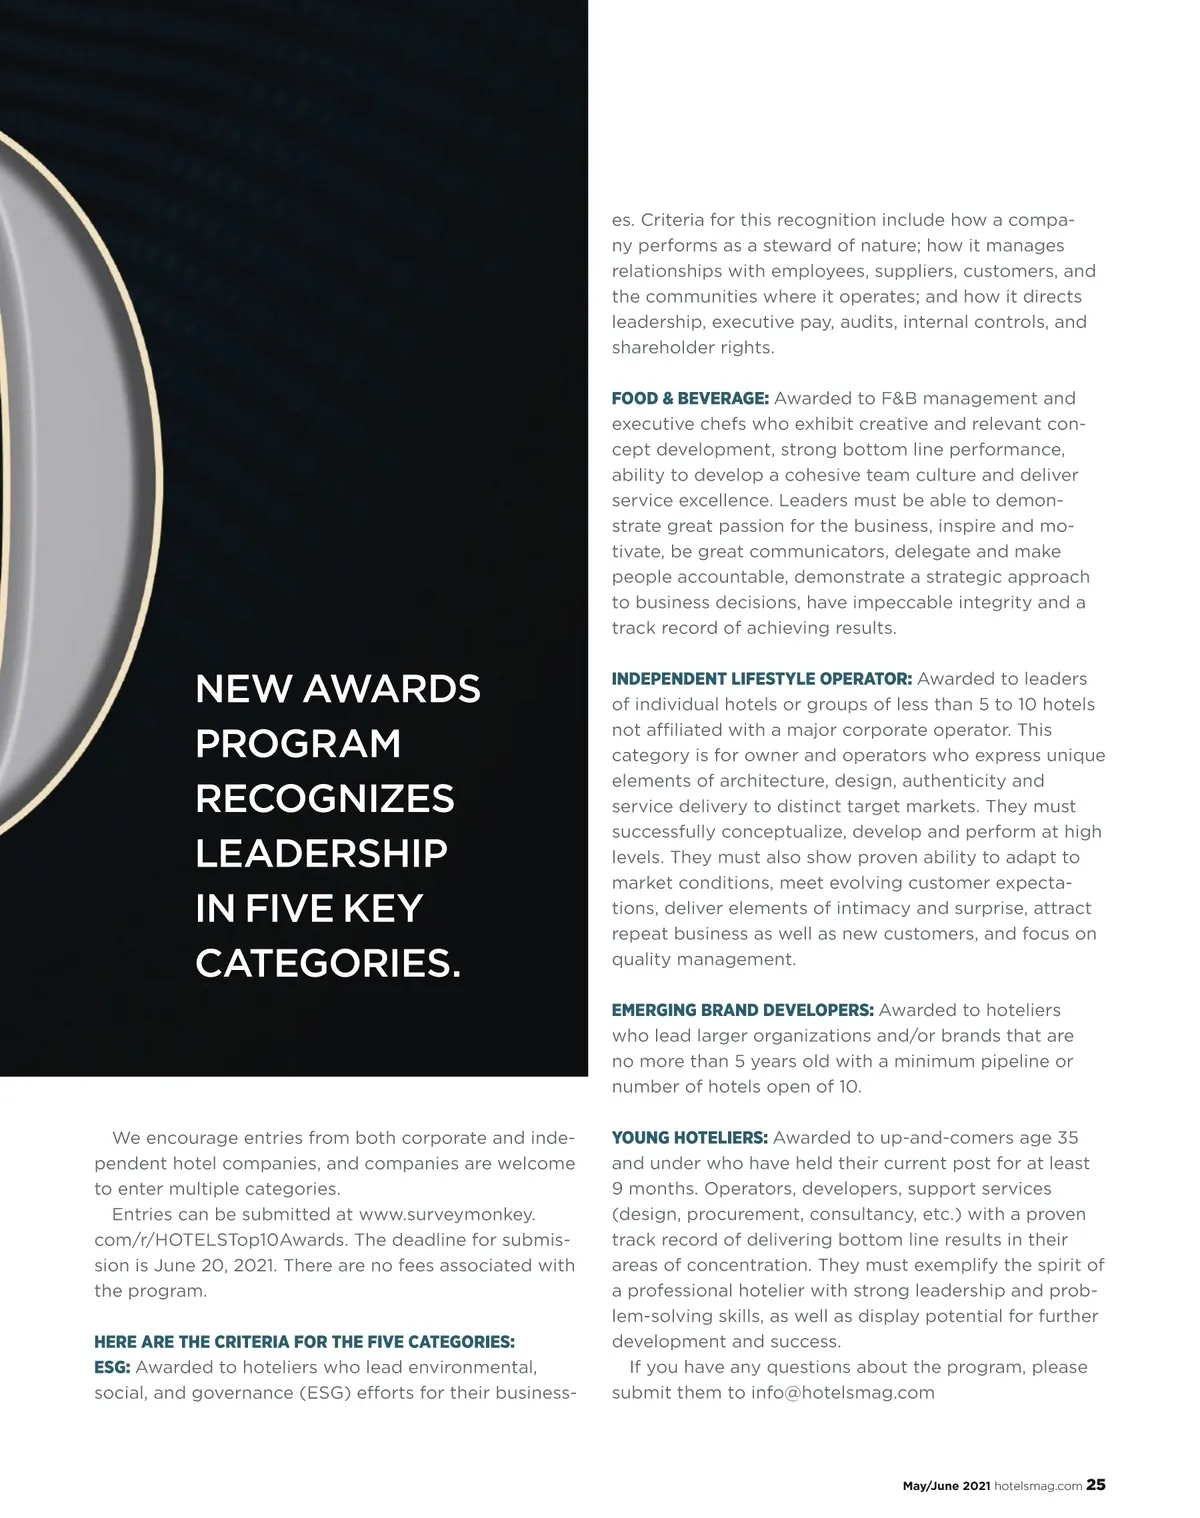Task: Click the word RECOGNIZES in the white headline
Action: [x=325, y=799]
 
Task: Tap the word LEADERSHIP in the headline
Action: [x=321, y=854]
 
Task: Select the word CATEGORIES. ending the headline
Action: [x=328, y=964]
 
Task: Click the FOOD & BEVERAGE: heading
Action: [x=690, y=399]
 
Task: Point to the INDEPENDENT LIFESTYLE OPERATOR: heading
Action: [x=761, y=679]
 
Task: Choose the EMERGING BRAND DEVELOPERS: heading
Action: [x=743, y=1011]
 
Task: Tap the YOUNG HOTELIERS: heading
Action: [x=689, y=1138]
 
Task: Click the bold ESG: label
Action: [x=112, y=1367]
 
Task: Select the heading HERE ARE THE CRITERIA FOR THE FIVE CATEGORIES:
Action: [x=304, y=1342]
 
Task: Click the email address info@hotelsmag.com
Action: [x=843, y=1393]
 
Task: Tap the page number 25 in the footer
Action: [x=1096, y=1485]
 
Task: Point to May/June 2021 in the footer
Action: [x=946, y=1486]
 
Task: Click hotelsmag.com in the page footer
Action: [x=1038, y=1486]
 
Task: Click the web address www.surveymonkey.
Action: [x=447, y=1214]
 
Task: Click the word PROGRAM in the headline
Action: [x=298, y=744]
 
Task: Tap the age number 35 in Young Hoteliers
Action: [x=1067, y=1138]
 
